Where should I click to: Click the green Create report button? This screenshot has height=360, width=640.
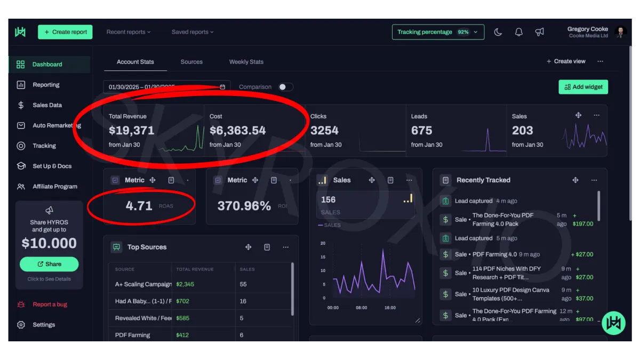(x=65, y=32)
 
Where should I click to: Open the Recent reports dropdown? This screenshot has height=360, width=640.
(x=128, y=32)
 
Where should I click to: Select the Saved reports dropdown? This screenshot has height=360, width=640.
(x=192, y=32)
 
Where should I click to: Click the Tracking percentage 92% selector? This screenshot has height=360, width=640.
(x=438, y=32)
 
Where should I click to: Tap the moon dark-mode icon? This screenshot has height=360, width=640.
(x=498, y=32)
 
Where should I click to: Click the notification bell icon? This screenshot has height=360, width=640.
(x=518, y=32)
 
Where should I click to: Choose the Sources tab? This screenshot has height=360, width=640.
(x=191, y=62)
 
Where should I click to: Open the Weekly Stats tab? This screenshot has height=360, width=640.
(x=246, y=62)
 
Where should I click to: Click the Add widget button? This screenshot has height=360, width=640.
(x=583, y=87)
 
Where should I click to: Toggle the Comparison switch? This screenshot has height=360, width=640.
(x=285, y=87)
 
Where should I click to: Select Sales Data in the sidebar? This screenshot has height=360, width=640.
(x=47, y=105)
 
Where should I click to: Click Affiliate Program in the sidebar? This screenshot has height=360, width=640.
(x=54, y=187)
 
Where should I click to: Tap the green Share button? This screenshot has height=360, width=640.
(x=49, y=264)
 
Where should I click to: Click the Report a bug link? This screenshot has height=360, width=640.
(x=50, y=305)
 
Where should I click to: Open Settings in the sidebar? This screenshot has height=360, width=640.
(x=43, y=325)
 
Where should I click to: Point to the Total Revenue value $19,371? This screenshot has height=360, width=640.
(x=131, y=131)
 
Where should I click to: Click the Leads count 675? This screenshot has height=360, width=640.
(x=421, y=131)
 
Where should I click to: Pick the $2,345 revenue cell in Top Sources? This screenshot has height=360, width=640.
(x=185, y=284)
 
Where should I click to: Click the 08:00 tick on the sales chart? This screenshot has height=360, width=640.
(x=361, y=308)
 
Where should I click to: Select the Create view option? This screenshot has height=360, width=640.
(x=566, y=61)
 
